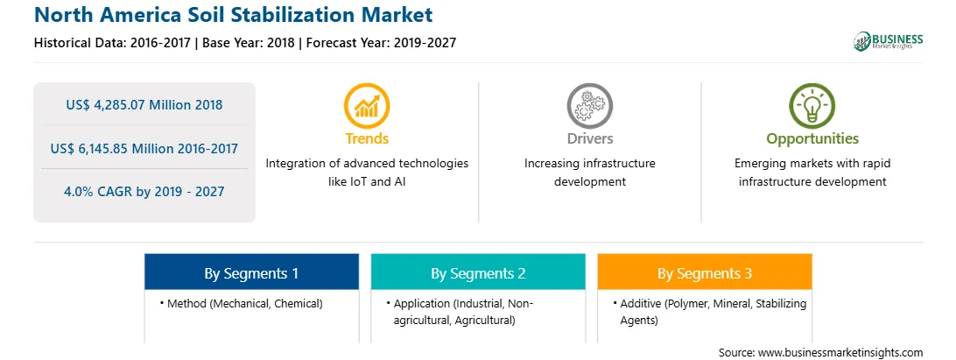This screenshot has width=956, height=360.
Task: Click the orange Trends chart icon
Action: (x=367, y=106)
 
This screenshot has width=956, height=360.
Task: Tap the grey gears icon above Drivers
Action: (x=589, y=106)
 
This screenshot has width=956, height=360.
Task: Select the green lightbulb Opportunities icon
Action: (x=812, y=106)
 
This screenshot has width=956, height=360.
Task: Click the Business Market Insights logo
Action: (x=889, y=41)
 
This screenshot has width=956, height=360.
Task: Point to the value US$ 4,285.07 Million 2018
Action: (x=144, y=104)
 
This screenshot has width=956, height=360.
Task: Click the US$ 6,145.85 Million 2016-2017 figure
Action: (x=144, y=148)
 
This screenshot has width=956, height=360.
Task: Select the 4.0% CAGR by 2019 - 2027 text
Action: (x=144, y=192)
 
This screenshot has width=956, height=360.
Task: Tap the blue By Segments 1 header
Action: (x=252, y=273)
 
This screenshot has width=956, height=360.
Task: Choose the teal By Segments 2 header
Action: (x=478, y=273)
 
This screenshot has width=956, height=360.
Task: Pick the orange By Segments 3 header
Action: (x=705, y=273)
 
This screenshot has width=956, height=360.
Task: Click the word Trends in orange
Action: (x=367, y=138)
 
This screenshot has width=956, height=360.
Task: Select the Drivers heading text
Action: (x=589, y=138)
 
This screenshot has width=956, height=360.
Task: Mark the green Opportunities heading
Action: (x=812, y=139)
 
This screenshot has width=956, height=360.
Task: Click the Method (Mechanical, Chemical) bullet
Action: (x=242, y=303)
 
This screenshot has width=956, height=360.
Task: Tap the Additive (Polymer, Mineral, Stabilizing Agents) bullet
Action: (x=710, y=312)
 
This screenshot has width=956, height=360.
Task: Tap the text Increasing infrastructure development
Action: (x=589, y=173)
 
